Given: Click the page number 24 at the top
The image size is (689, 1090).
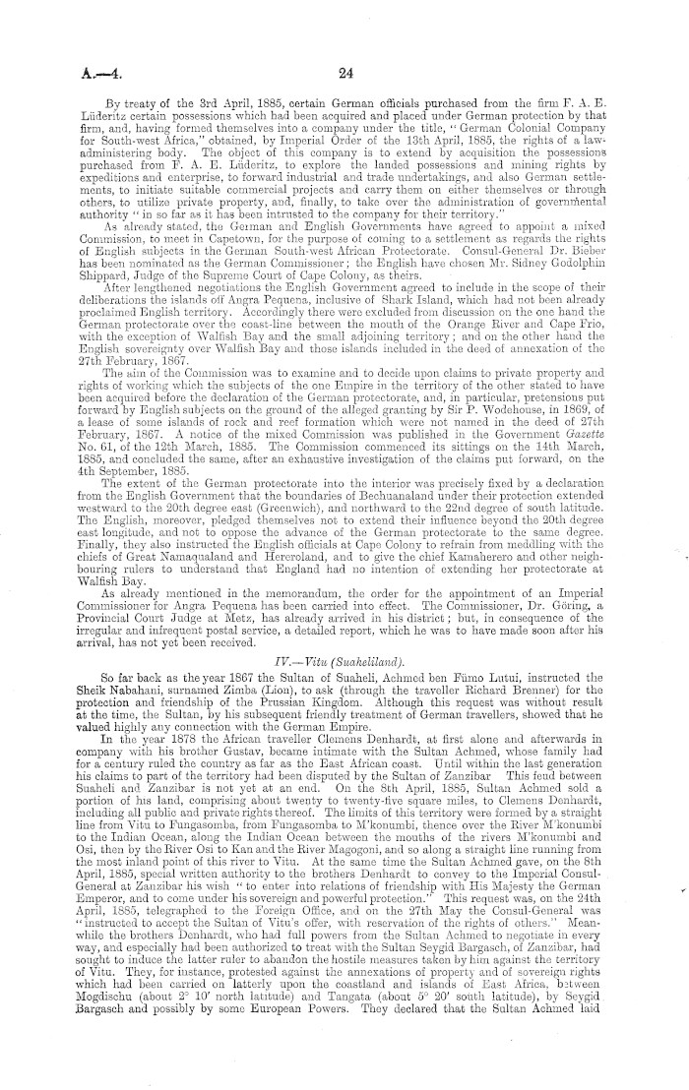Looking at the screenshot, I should tap(344, 71).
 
